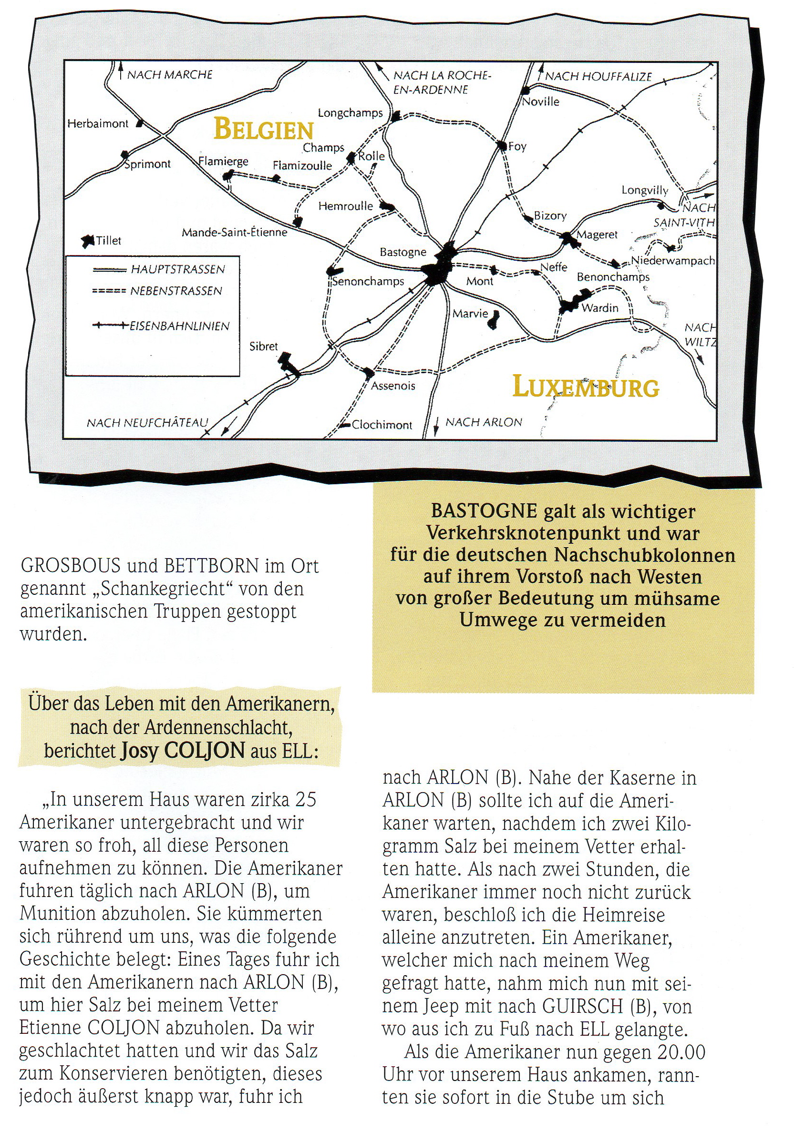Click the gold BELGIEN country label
(264, 130)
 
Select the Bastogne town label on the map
(402, 252)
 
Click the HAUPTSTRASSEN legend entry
(177, 269)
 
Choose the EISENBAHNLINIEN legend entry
(179, 326)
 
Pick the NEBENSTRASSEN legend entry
(176, 291)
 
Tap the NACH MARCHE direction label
(170, 75)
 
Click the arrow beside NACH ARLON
(436, 426)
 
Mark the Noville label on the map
(541, 102)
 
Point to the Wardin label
(600, 308)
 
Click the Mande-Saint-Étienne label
(234, 232)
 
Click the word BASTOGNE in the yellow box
(484, 511)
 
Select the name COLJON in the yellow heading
(204, 751)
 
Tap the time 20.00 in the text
(681, 1052)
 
